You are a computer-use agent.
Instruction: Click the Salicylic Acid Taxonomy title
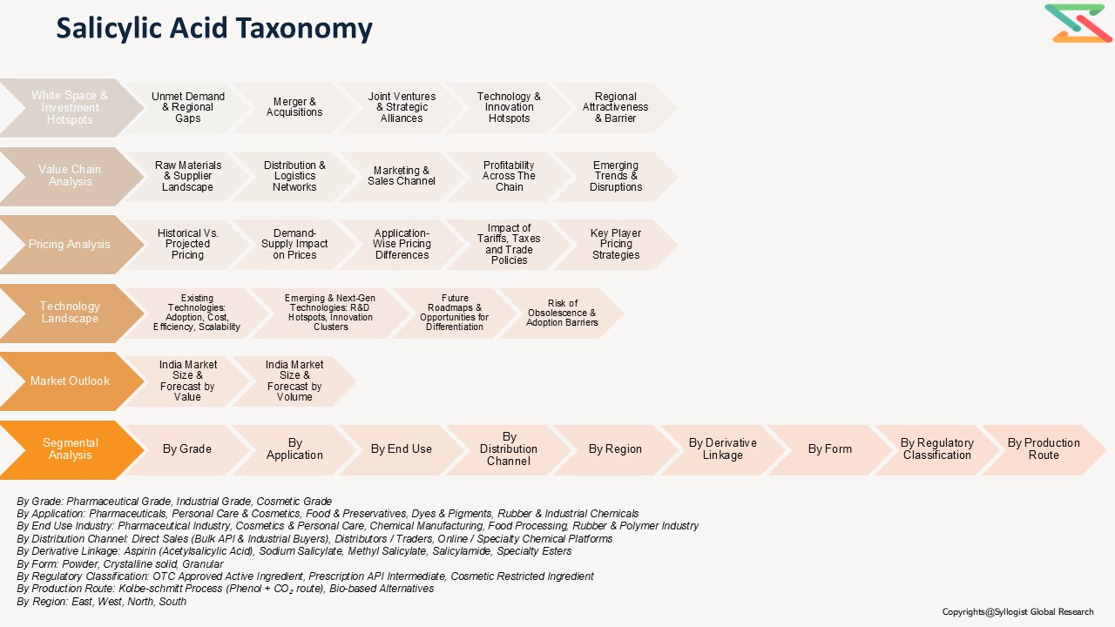coord(214,29)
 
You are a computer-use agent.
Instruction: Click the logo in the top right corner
coord(1078,24)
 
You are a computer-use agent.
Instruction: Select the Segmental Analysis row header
coord(71,449)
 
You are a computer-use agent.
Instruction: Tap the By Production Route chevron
coord(1044,449)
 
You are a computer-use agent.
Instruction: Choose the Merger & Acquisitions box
coord(294,107)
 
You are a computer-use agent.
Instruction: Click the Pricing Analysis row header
coord(70,245)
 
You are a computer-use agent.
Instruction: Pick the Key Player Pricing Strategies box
coord(615,245)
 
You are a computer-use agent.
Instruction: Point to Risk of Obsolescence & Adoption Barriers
coord(562,313)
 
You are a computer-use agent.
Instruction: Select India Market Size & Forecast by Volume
coord(294,381)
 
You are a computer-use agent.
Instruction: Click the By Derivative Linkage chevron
coord(722,449)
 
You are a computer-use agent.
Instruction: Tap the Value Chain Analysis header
coord(70,176)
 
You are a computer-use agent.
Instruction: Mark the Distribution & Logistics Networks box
coord(294,176)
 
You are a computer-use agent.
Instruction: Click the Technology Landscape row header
coord(70,313)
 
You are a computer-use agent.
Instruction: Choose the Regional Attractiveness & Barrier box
coord(615,108)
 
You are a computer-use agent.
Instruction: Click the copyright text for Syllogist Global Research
coord(1017,612)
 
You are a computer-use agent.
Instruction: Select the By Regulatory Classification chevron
coord(936,449)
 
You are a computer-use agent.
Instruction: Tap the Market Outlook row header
coord(70,381)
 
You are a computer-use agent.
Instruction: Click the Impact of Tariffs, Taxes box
coord(509,245)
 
